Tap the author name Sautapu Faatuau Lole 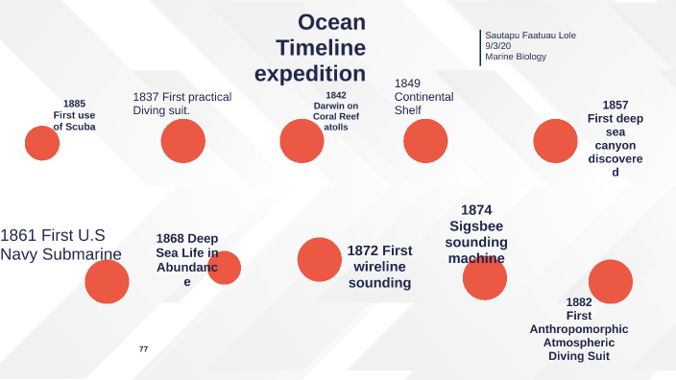click(530, 36)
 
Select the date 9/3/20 click(497, 46)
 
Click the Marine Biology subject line click(516, 57)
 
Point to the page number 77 click(143, 348)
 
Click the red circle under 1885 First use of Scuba click(42, 143)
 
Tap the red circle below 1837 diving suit click(183, 141)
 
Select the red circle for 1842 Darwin click(302, 141)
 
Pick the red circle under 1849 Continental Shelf click(425, 141)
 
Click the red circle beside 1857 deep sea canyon click(555, 141)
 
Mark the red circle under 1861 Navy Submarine click(107, 282)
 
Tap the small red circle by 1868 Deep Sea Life click(225, 268)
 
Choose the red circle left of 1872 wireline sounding click(320, 259)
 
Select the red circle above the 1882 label click(611, 281)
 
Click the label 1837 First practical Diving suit click(181, 104)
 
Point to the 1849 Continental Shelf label click(423, 97)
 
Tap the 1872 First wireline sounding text click(379, 266)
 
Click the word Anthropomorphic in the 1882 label click(579, 329)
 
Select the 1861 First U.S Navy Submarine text click(60, 244)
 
